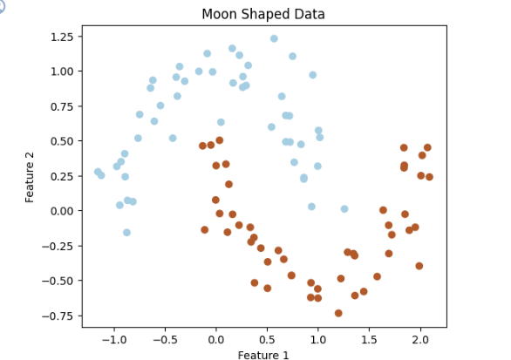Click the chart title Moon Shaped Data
263,14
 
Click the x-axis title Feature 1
263,355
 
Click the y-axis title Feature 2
30,177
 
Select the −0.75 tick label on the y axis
58,316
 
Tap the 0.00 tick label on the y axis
62,211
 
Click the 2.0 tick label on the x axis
420,340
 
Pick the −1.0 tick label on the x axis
113,340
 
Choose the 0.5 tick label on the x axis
267,340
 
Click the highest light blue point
274,38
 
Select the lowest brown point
338,313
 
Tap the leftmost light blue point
98,172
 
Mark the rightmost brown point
429,177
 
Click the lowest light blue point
126,232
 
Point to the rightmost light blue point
344,209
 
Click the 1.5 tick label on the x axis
369,340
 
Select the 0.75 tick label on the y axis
62,106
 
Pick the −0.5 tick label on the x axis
165,340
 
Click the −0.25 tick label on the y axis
58,246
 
